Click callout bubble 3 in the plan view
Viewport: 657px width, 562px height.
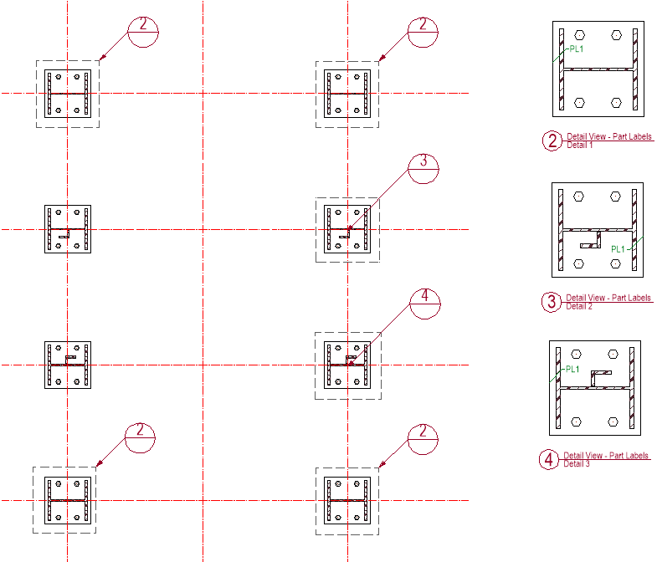[x=423, y=169]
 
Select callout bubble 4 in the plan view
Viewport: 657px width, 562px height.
[x=424, y=304]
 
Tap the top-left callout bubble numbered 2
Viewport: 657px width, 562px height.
[x=143, y=32]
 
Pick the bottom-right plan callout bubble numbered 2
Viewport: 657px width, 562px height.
[x=423, y=439]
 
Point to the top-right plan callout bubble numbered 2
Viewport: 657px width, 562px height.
[x=423, y=32]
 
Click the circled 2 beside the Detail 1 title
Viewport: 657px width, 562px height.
[x=552, y=140]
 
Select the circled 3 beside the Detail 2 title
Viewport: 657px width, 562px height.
[x=552, y=302]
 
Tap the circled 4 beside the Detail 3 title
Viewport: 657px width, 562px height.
[x=549, y=460]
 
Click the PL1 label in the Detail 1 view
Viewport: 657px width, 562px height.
[x=577, y=49]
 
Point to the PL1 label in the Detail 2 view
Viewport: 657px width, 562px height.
[x=619, y=248]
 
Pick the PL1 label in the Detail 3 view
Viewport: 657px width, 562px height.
[x=572, y=368]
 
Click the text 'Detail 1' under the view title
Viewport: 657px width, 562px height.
[x=579, y=146]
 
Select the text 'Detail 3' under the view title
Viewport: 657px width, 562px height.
[x=577, y=464]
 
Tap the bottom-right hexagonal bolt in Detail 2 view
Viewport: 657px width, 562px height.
[x=615, y=263]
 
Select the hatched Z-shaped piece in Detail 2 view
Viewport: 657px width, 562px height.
[x=591, y=243]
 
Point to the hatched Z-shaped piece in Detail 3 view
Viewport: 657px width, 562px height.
[x=599, y=376]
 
